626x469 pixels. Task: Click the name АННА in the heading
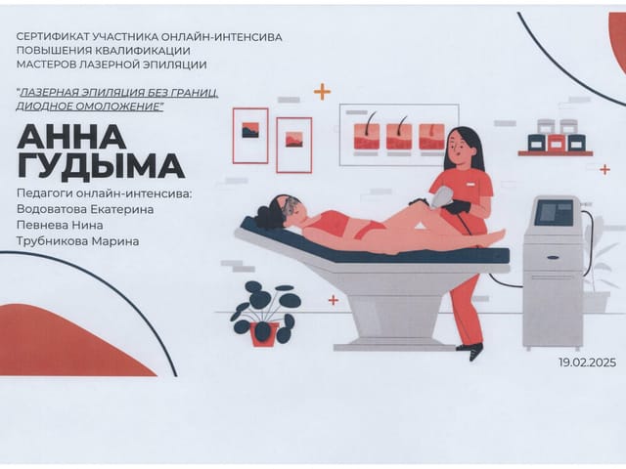[x=71, y=137]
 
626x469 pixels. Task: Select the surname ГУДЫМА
[x=101, y=165]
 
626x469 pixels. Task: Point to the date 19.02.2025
[x=587, y=362]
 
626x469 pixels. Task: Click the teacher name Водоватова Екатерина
[x=85, y=209]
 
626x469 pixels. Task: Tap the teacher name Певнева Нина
[x=60, y=226]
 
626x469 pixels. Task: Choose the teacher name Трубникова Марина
[x=78, y=241]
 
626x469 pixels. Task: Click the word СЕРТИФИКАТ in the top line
[x=53, y=37]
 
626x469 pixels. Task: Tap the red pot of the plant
[x=264, y=334]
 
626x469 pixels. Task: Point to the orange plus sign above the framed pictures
[x=322, y=92]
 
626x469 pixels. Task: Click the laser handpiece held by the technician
[x=441, y=197]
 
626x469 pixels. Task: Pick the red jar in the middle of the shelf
[x=557, y=143]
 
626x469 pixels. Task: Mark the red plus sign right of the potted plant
[x=334, y=300]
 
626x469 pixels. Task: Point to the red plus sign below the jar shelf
[x=604, y=169]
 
